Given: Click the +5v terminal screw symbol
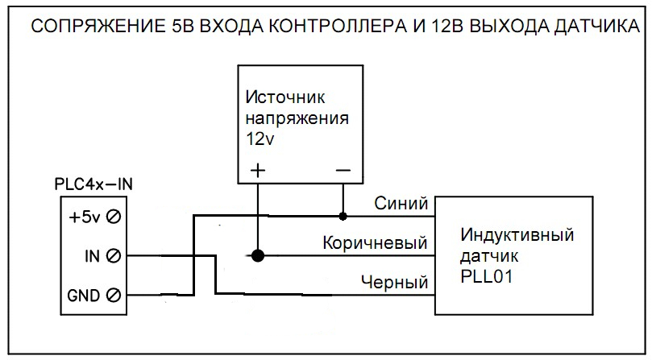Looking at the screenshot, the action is point(113,217).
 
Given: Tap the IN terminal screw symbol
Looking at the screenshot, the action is point(113,256).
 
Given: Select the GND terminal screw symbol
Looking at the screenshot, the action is point(113,296).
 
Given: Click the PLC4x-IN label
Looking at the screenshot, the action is point(93,184).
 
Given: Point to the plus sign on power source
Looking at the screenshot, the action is point(258,170).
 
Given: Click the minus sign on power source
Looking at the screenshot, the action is point(343,170).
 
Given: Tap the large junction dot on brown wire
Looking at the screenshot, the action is point(258,255).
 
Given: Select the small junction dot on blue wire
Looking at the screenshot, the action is point(343,216).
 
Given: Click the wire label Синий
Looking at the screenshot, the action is point(401,203).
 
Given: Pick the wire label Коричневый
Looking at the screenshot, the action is point(375,242).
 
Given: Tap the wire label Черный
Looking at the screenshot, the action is point(395,282).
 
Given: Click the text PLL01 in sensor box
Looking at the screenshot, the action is point(486,276).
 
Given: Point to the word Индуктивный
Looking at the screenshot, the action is point(517,235).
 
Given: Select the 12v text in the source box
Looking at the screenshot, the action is point(260,139).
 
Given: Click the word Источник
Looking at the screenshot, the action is point(285,97).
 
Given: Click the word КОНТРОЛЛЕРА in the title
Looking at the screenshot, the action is point(337,27).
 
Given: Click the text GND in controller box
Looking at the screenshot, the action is point(84,296).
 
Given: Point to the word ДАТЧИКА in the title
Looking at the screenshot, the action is point(592,27).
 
